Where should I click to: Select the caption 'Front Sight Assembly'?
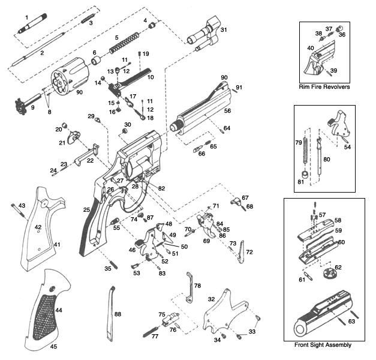pos(323,345)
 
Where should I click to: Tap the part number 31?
pos(223,29)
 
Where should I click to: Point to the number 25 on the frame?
pos(86,209)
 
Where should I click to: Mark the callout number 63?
pos(351,322)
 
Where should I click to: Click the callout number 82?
pos(161,188)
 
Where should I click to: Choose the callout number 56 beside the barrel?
pos(227,111)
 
